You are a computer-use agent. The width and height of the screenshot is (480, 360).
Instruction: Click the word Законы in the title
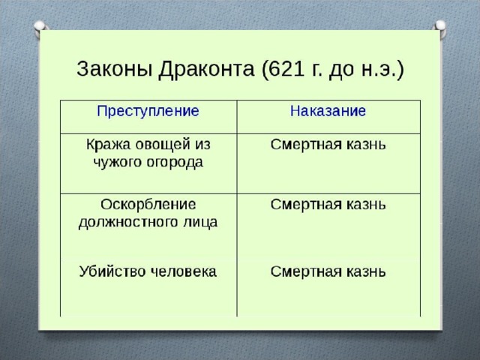(x=115, y=69)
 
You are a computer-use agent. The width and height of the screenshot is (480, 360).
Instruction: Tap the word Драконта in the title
(x=206, y=70)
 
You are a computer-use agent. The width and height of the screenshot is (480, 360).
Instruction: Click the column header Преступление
(x=148, y=111)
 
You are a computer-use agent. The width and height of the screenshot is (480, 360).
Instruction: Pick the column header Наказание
(x=328, y=111)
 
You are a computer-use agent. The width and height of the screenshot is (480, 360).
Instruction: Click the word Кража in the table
(x=107, y=145)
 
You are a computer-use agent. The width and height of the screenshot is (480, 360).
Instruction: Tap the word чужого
(x=117, y=162)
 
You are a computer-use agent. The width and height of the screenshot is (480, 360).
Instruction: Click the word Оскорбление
(x=148, y=205)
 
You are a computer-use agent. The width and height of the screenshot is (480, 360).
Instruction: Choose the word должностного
(x=128, y=223)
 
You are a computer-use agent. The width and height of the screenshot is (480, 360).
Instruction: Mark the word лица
(x=200, y=223)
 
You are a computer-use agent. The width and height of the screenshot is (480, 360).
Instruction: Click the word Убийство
(x=112, y=271)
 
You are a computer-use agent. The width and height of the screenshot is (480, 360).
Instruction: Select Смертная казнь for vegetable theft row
(x=328, y=145)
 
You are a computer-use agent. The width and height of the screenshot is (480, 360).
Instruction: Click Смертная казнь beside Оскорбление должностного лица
(x=328, y=205)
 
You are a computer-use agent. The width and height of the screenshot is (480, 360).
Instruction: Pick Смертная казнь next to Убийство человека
(x=328, y=271)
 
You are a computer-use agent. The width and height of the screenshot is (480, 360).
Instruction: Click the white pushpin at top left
(x=40, y=28)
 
